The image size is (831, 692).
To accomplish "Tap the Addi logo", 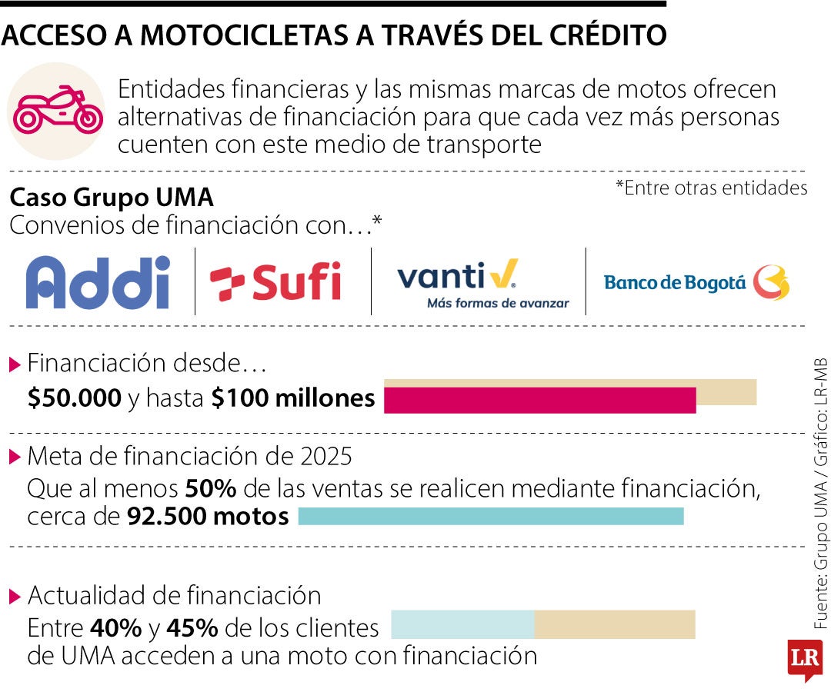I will [x=98, y=282].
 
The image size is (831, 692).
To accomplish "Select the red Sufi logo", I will [x=275, y=283].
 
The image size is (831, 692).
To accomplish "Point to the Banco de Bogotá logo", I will [x=696, y=282].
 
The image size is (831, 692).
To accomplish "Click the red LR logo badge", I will [x=804, y=658].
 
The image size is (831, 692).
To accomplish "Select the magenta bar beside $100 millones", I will [x=539, y=401].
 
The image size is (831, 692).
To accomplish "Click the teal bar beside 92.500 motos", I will [x=490, y=517].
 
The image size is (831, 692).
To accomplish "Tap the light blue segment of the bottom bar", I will [x=462, y=624].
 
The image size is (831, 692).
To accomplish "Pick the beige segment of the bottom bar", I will [x=614, y=624].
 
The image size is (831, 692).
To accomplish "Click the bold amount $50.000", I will [x=74, y=398].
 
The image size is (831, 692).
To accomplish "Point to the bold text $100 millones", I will [x=293, y=398].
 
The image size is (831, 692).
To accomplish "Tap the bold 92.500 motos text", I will [x=207, y=517].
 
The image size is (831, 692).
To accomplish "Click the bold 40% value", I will [x=115, y=628].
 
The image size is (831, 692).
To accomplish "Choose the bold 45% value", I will [x=192, y=628].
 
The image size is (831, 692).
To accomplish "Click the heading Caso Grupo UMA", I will [x=111, y=198].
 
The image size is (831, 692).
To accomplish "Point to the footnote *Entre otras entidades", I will [x=711, y=188].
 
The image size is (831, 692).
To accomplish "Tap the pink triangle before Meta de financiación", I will [x=15, y=457].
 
